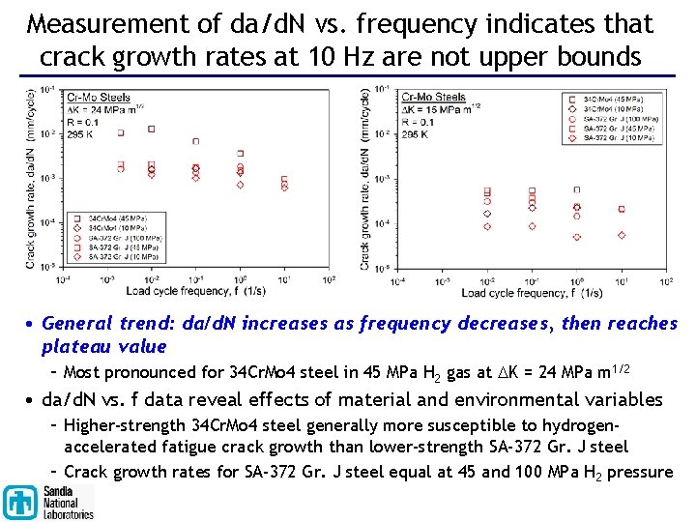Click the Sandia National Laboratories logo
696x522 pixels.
[48, 501]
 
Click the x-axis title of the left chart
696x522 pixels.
[195, 291]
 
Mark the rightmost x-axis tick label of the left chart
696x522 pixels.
[330, 280]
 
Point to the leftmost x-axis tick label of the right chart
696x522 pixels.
[397, 281]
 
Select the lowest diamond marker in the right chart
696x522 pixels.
[577, 237]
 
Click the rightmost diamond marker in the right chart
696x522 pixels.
[622, 234]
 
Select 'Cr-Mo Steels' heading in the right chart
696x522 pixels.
[434, 97]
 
